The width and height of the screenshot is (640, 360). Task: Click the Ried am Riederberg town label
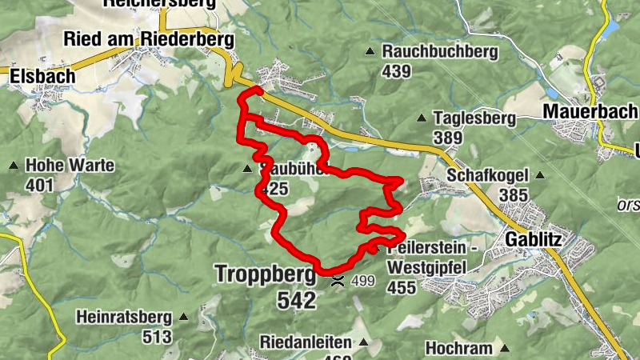[x=148, y=39]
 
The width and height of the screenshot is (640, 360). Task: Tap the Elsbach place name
[x=42, y=75]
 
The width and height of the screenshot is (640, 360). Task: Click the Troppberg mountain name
[x=265, y=274]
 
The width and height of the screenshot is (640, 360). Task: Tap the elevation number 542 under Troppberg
[x=297, y=300]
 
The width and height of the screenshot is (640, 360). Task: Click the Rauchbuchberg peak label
[x=440, y=52]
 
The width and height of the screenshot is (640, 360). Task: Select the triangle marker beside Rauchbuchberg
[x=370, y=52]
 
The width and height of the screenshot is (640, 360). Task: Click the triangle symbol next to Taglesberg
[x=422, y=118]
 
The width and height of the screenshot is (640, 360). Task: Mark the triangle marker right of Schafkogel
[x=540, y=175]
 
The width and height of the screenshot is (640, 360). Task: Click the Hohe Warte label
[x=70, y=166]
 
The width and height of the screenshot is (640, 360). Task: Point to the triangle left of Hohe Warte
[x=13, y=166]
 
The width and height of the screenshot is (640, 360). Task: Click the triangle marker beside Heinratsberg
[x=183, y=317]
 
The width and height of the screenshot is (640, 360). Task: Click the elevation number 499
[x=363, y=281]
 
